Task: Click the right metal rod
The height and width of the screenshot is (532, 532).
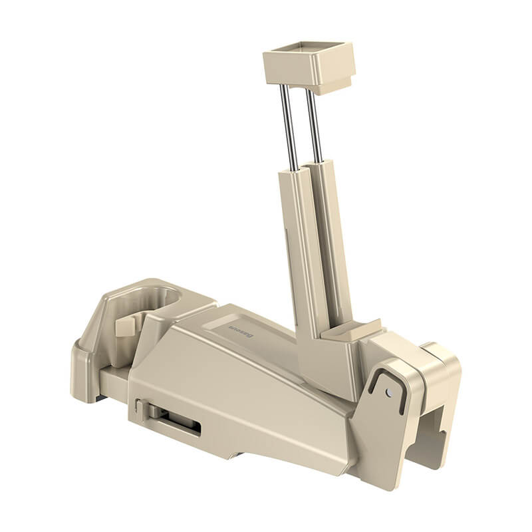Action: (x=313, y=126)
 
